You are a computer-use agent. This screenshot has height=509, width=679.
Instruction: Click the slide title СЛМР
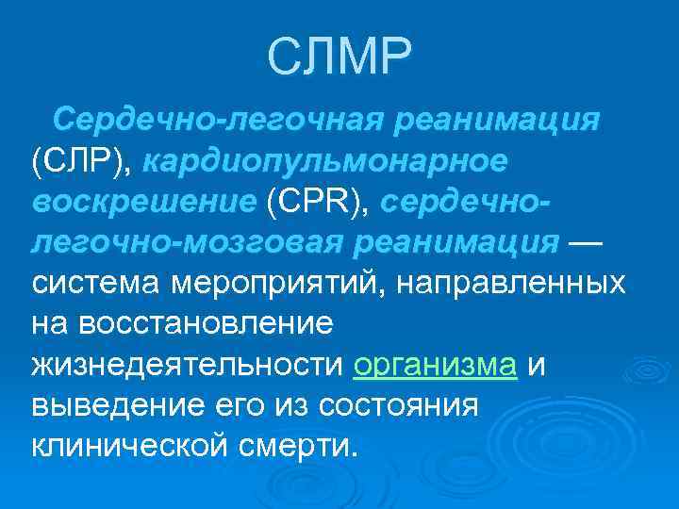tap(339, 58)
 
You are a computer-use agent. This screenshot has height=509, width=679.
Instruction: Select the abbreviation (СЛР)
tap(83, 162)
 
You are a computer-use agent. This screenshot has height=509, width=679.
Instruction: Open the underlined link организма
tap(435, 365)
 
